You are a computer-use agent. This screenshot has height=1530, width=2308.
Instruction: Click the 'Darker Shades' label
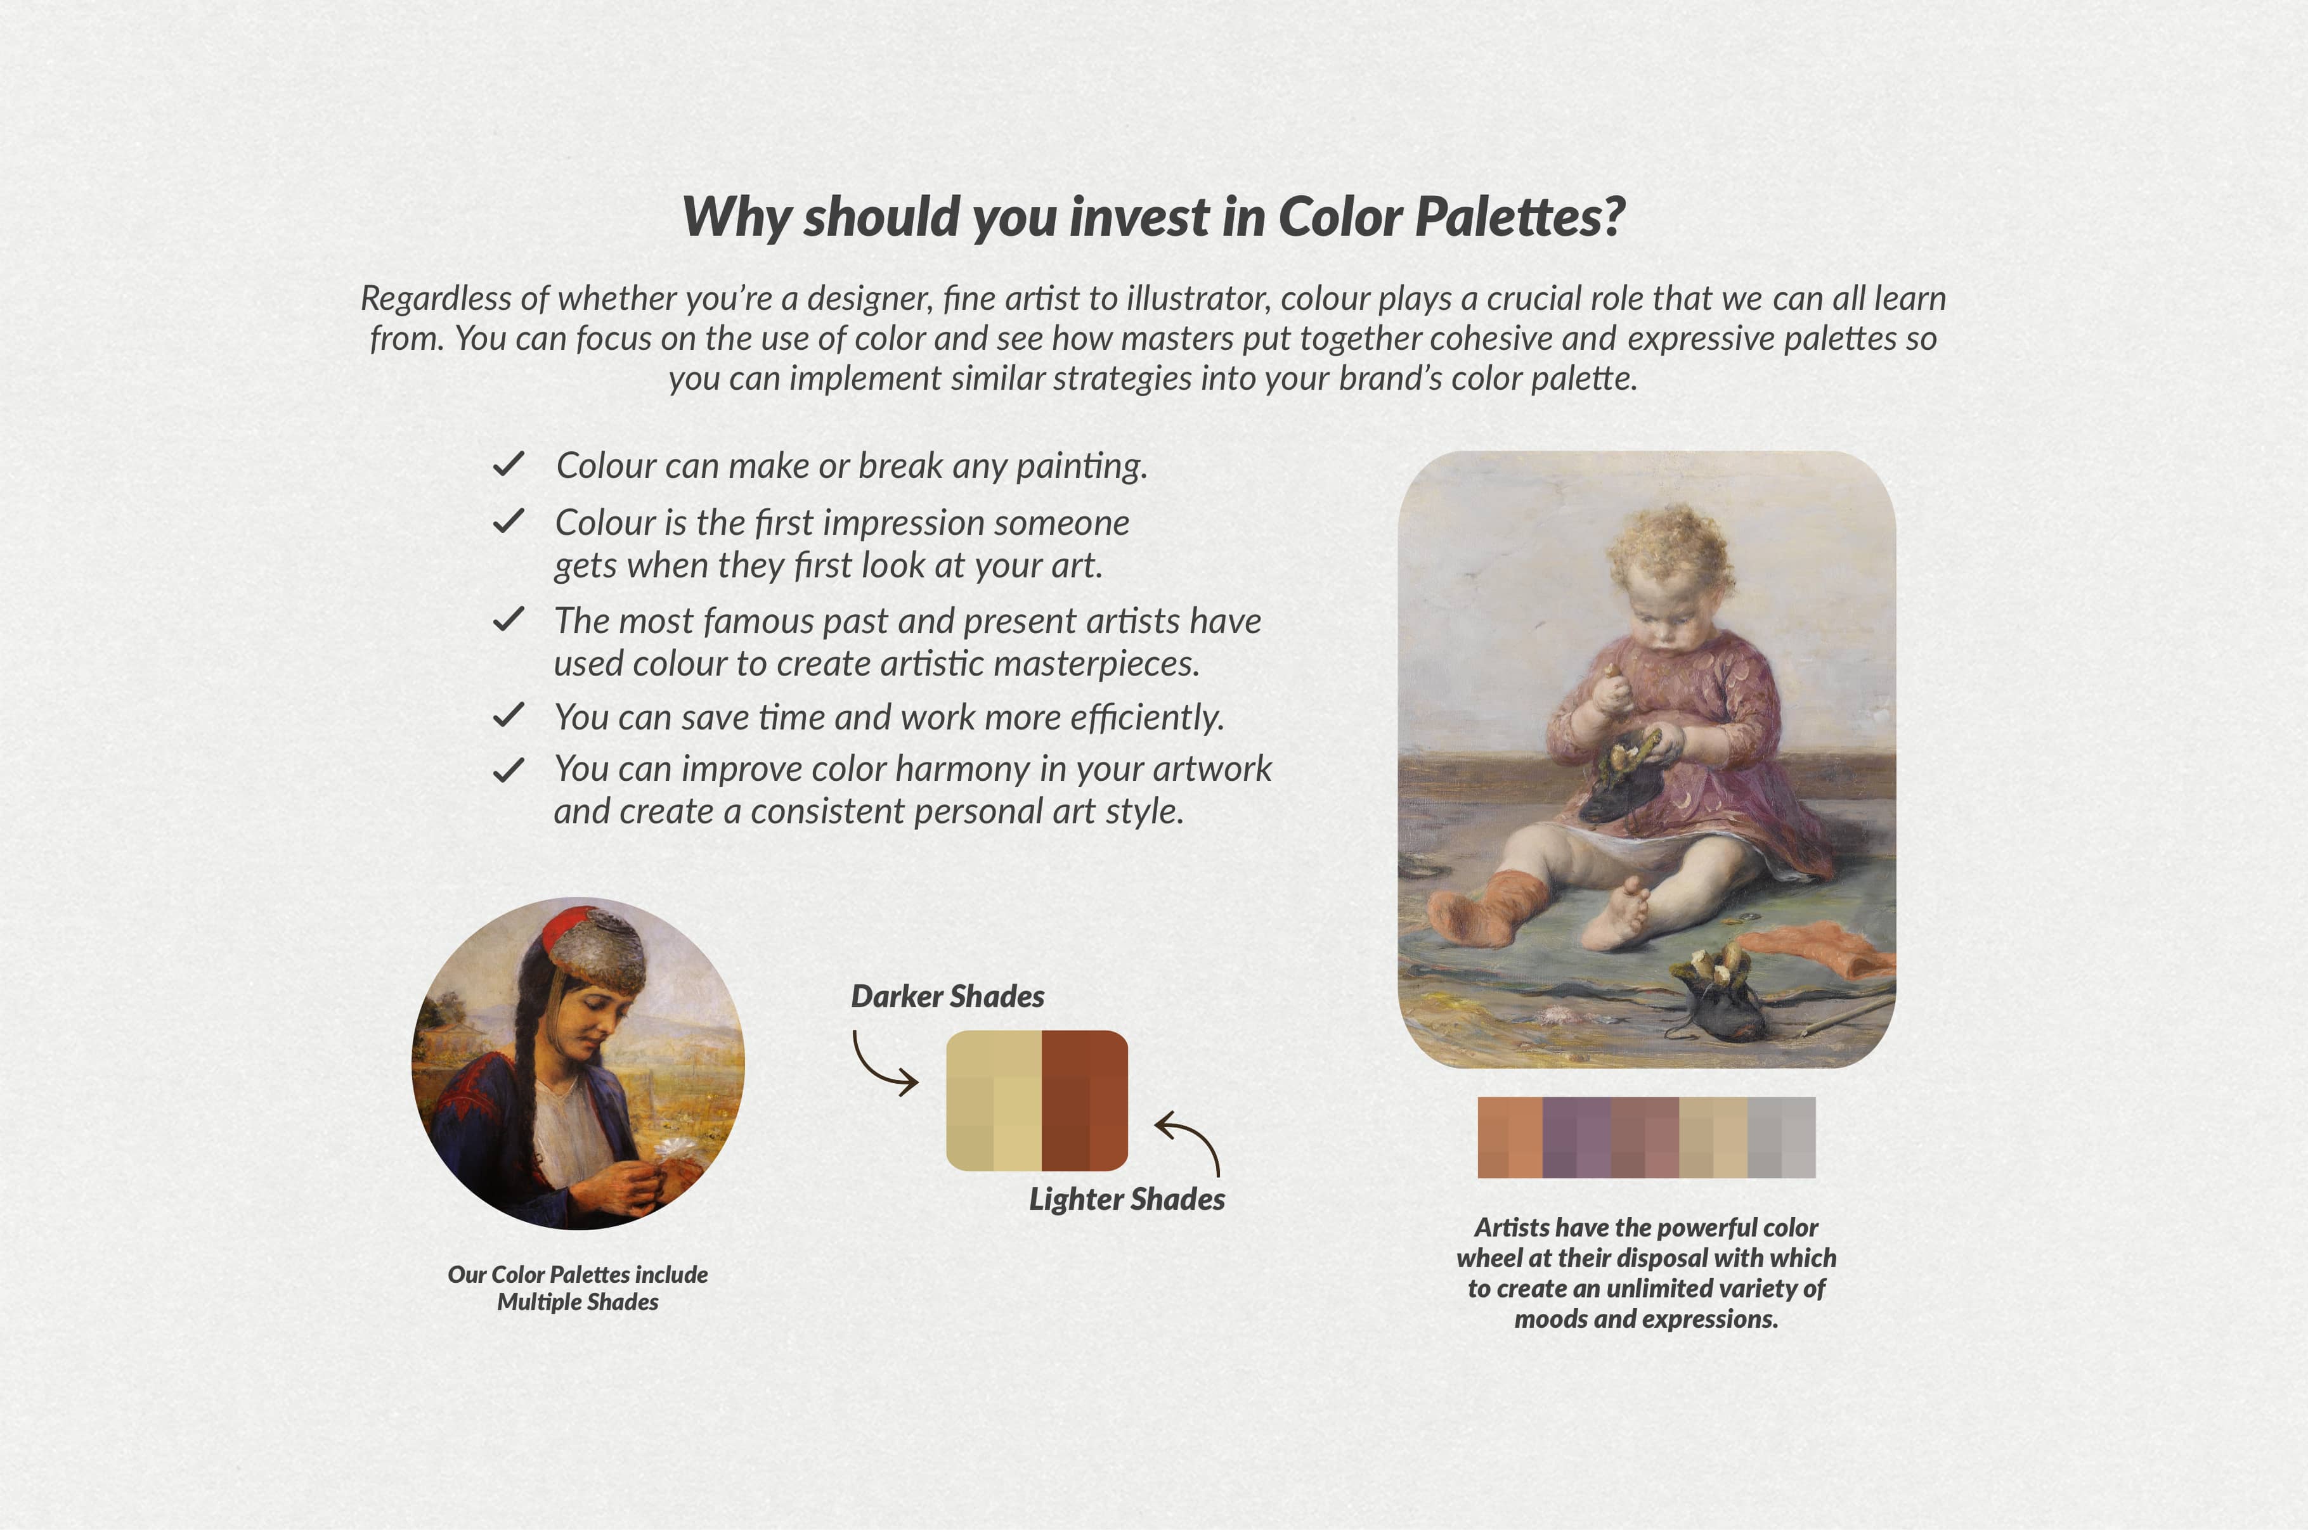pos(947,996)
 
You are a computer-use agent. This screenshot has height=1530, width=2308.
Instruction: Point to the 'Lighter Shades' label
pos(1127,1199)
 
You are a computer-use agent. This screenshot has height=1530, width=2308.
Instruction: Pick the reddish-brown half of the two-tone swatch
pos(1084,1101)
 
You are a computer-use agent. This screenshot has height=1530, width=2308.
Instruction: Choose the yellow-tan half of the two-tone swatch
pos(994,1101)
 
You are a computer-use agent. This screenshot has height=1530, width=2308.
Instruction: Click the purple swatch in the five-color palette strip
pos(1576,1138)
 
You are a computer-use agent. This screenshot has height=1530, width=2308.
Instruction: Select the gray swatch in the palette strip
pos(1781,1138)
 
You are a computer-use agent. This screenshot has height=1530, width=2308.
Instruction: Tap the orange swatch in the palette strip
pos(1510,1138)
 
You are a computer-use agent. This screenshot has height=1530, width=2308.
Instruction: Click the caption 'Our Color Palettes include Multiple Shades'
pos(578,1288)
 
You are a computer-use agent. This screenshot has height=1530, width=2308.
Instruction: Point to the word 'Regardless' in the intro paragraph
pos(435,299)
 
